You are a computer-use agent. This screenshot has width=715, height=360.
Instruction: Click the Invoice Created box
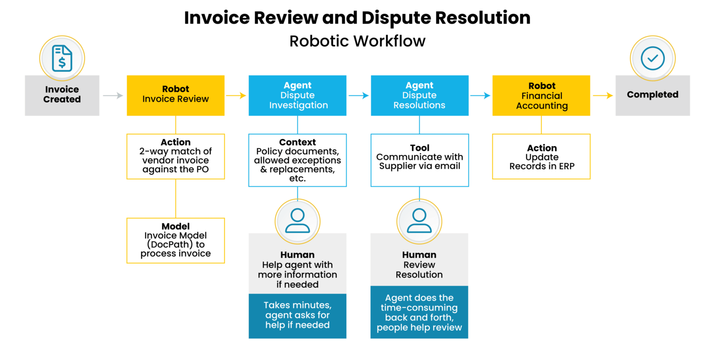click(62, 95)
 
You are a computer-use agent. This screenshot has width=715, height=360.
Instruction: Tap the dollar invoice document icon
click(62, 58)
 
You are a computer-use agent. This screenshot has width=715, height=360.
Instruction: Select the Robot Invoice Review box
click(175, 95)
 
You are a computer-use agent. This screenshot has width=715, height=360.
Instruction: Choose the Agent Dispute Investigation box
click(297, 95)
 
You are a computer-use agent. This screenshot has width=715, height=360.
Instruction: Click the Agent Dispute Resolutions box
click(419, 95)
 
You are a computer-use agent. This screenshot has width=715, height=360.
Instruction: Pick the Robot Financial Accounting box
click(541, 95)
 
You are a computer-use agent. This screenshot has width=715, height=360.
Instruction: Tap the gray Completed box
click(652, 95)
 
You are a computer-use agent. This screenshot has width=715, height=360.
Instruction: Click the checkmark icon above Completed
click(652, 58)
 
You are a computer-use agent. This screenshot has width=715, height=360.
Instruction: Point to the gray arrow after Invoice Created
click(113, 95)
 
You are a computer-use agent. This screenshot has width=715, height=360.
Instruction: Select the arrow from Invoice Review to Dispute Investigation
click(236, 95)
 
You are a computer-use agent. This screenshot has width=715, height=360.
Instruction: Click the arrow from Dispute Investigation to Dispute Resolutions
click(358, 95)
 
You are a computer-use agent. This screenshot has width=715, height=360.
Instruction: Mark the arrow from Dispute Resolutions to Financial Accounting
click(480, 95)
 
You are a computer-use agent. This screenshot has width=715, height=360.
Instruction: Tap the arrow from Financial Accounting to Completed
click(603, 95)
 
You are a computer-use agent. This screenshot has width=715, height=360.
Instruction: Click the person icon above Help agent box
click(297, 220)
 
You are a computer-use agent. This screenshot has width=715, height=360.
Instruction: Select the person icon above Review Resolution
click(419, 220)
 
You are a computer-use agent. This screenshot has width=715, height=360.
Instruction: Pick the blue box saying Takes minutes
click(297, 315)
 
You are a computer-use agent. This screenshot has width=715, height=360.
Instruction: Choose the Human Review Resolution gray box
click(419, 265)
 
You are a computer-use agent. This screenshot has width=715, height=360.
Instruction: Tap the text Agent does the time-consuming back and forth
click(419, 312)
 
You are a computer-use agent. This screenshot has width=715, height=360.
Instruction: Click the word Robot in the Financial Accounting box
click(542, 86)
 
